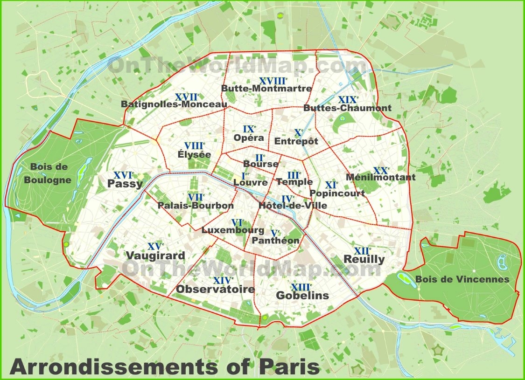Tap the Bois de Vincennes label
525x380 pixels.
(462, 279)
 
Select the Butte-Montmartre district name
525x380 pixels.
(266, 88)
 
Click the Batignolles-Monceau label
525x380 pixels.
(174, 104)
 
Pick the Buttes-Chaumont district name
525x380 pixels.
(347, 108)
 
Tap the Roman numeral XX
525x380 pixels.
(381, 170)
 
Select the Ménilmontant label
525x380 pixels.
(380, 177)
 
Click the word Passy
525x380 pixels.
(125, 184)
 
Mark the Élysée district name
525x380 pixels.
(194, 154)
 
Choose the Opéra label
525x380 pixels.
(249, 138)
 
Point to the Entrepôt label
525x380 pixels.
(296, 141)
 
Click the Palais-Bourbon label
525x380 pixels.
(196, 205)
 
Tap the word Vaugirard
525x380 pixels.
(155, 256)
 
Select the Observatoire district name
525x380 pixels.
(215, 289)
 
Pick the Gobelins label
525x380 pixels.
(302, 295)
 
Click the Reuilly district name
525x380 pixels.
(364, 259)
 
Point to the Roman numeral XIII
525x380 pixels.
(300, 287)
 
